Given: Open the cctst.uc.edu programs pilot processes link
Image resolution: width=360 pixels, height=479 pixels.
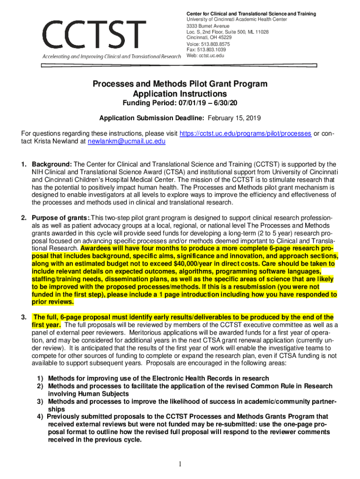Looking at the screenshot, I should (245, 133).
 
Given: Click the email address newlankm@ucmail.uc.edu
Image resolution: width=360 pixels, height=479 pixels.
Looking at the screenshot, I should (126, 141).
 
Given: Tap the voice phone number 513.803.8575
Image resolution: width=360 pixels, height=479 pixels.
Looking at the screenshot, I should (212, 44).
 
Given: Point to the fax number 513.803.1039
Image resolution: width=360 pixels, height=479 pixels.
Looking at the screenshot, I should (211, 49).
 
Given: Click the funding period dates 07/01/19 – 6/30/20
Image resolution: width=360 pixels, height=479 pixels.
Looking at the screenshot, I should (202, 103).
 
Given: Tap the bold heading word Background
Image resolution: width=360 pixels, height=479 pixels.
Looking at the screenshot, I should (51, 164).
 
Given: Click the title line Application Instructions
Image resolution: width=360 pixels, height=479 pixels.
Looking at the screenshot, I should (180, 94).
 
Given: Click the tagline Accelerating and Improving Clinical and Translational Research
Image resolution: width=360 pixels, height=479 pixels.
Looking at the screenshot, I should (111, 57).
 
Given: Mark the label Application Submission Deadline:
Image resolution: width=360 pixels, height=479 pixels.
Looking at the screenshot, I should (151, 118).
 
